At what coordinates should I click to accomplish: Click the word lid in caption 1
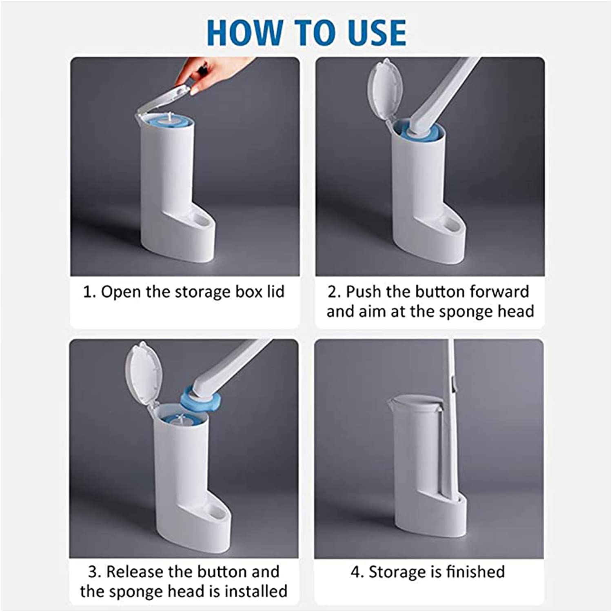pos(275,292)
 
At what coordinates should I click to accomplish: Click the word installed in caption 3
pos(256,591)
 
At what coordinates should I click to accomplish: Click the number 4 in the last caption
pos(355,572)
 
